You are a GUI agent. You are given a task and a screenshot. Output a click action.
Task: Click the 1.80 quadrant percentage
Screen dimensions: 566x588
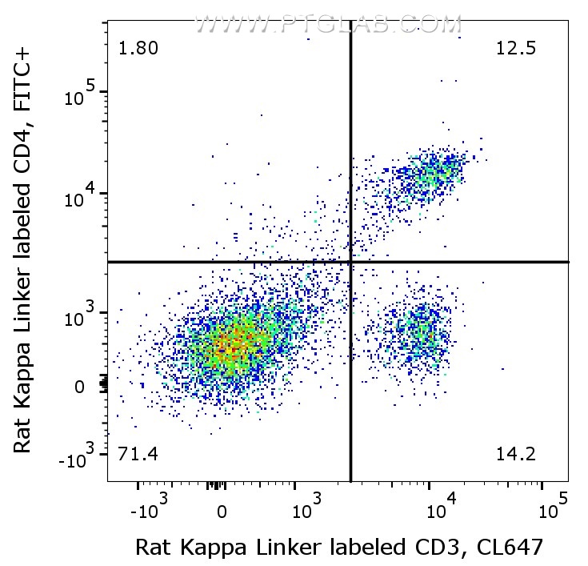pyautogui.click(x=138, y=49)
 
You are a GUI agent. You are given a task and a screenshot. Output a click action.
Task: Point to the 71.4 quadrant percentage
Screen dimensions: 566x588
pyautogui.click(x=138, y=456)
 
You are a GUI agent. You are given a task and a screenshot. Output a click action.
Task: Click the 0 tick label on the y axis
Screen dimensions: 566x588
pyautogui.click(x=79, y=387)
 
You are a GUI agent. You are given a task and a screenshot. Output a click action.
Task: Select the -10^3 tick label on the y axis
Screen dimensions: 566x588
pyautogui.click(x=76, y=461)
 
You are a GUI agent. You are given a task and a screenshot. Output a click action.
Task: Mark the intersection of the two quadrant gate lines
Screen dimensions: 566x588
pyautogui.click(x=351, y=262)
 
